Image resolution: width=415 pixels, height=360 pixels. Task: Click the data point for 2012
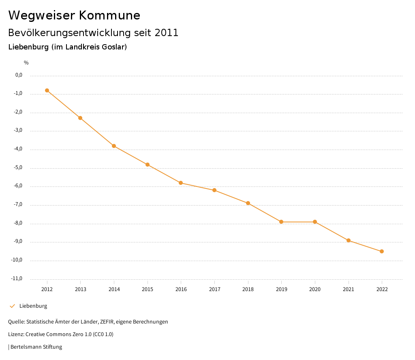click(47, 90)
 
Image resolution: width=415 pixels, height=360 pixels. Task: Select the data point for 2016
click(181, 183)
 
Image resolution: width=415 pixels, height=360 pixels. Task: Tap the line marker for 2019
click(281, 222)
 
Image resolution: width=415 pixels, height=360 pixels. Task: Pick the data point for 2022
click(382, 251)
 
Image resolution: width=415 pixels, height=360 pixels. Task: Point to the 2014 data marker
click(114, 146)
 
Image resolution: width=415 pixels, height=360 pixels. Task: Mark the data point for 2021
click(349, 240)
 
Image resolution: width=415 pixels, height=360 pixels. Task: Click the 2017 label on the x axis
click(214, 289)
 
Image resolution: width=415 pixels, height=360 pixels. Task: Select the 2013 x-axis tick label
click(81, 289)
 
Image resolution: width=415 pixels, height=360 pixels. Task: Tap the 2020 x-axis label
click(315, 289)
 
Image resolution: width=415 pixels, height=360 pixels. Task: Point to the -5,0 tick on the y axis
click(19, 167)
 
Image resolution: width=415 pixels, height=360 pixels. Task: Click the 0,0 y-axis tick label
click(19, 75)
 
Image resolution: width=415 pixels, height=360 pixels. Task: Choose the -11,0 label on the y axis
click(17, 279)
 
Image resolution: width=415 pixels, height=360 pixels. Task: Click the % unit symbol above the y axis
click(26, 63)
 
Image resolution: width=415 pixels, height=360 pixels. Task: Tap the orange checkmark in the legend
click(12, 306)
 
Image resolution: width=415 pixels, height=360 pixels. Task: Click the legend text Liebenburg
click(33, 306)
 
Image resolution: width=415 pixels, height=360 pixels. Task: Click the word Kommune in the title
click(109, 15)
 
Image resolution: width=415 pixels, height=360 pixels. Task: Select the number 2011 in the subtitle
click(167, 33)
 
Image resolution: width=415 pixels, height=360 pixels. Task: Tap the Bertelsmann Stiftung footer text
click(36, 347)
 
